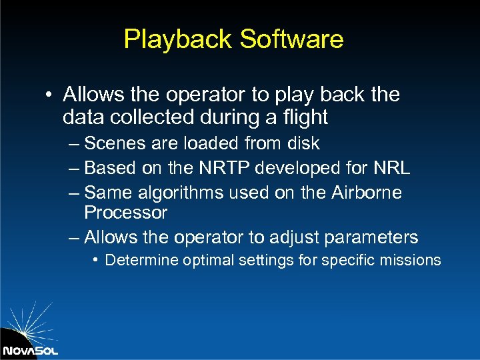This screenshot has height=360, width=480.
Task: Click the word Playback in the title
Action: click(178, 39)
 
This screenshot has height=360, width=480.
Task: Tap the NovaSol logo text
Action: click(30, 350)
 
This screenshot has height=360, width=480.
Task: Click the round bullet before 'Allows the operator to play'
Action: click(50, 95)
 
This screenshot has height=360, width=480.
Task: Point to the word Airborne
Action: click(365, 193)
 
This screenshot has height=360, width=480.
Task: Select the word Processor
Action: click(125, 213)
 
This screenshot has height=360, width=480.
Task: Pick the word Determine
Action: click(137, 260)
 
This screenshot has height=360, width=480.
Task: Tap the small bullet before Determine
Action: click(97, 259)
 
